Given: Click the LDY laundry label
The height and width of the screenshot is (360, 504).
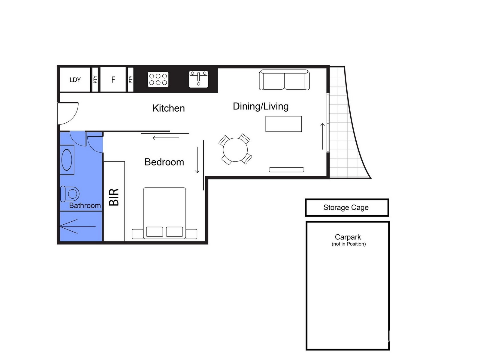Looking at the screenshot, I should pyautogui.click(x=75, y=80).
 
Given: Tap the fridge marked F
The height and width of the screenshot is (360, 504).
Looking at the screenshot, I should pyautogui.click(x=113, y=79).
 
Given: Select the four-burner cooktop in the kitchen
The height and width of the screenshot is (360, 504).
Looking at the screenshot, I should pyautogui.click(x=158, y=79).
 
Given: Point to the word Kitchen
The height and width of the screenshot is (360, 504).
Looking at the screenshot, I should pyautogui.click(x=168, y=108).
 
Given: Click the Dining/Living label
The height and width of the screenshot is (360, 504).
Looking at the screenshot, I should pyautogui.click(x=261, y=106).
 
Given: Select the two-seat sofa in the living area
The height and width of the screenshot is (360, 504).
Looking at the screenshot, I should pyautogui.click(x=284, y=80).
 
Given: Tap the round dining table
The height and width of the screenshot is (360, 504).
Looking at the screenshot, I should pyautogui.click(x=235, y=150).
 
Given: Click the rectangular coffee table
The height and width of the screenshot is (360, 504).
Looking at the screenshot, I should pyautogui.click(x=283, y=124).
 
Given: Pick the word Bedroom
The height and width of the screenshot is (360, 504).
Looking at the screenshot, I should pyautogui.click(x=164, y=162).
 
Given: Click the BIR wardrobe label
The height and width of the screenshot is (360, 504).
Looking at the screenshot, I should pyautogui.click(x=114, y=197).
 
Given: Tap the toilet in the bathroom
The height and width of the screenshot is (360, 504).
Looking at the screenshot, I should pyautogui.click(x=70, y=193).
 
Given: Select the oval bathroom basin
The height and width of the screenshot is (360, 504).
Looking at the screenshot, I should pyautogui.click(x=67, y=160).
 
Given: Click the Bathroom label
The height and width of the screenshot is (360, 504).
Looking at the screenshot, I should pyautogui.click(x=85, y=205).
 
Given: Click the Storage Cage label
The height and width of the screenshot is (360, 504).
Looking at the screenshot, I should pyautogui.click(x=346, y=208).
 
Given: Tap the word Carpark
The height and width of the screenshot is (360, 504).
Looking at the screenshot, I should pyautogui.click(x=348, y=237).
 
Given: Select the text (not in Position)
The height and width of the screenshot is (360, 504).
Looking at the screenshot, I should pyautogui.click(x=349, y=244).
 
